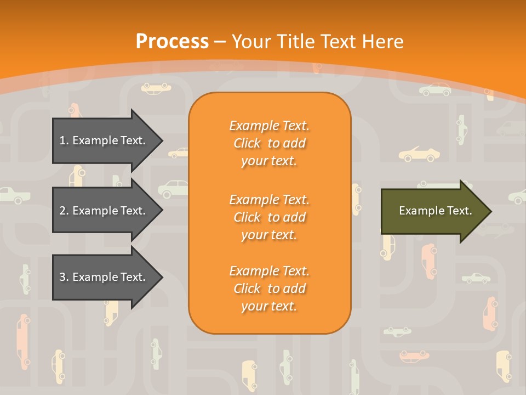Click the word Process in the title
point(172,41)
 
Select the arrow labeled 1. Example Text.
point(104,140)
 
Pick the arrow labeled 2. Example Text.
point(104,211)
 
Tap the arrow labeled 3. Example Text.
point(104,277)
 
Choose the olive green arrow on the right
point(433,211)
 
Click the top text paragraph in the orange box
point(269,143)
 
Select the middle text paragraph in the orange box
point(269,217)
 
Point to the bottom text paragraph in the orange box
point(269,289)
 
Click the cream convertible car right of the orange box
point(416,154)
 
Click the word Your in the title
point(250,41)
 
